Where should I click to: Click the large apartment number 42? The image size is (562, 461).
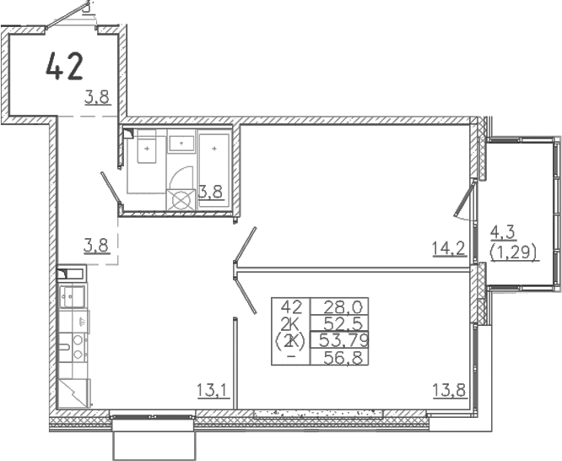[64, 66]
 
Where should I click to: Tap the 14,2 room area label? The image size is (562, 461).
[450, 248]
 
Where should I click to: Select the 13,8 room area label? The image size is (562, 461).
[450, 390]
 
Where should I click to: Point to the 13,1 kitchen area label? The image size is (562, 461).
[213, 390]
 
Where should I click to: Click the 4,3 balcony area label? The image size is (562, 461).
[502, 234]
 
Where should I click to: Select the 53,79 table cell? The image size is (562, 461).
[343, 340]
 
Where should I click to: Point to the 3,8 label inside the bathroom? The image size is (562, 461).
[211, 192]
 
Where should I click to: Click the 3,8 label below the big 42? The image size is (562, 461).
[97, 97]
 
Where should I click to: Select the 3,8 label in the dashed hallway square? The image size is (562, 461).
[95, 246]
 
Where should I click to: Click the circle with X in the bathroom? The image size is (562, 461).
[181, 200]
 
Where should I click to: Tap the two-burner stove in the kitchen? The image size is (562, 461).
[78, 347]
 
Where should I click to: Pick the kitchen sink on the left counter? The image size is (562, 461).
[72, 296]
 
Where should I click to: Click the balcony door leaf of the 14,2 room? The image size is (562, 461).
[464, 198]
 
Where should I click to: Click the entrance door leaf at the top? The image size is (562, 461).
[68, 14]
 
